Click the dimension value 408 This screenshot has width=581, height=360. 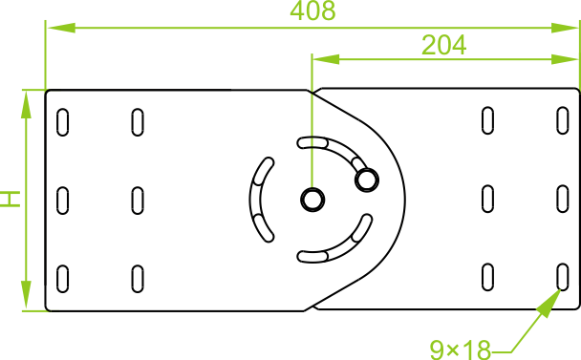312,11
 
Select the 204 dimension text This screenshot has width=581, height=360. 443,45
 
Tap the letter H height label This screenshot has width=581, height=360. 10,199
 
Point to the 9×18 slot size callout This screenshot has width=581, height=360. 461,349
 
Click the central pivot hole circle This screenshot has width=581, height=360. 312,200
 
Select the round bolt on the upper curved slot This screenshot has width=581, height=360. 366,180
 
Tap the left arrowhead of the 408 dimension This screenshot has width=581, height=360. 61,28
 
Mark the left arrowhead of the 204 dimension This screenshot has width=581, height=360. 326,59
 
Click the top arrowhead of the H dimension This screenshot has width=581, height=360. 26,105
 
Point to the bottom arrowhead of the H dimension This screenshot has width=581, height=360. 26,295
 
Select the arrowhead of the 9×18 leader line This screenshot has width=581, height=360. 549,303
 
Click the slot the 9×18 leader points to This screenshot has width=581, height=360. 563,277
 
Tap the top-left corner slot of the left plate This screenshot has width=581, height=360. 63,122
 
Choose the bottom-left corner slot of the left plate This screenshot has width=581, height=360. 63,279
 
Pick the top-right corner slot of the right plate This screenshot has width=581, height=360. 563,120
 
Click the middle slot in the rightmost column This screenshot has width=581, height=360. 563,199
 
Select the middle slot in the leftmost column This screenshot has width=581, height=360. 63,201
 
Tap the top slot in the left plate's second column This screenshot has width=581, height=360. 138,122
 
